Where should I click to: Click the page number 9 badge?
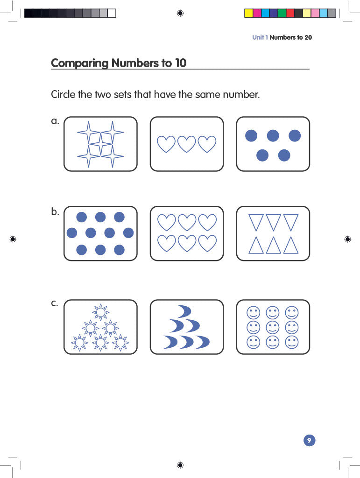[309, 440]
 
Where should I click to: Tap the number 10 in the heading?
[180, 63]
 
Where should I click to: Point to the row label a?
[55, 121]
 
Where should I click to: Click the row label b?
[55, 211]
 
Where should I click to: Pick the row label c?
[55, 303]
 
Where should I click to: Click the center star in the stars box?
[100, 144]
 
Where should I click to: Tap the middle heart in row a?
[187, 144]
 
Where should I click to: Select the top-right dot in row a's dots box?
[295, 136]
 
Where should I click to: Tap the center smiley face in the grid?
[273, 327]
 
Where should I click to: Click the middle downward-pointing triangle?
[273, 222]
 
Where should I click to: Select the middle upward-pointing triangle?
[273, 245]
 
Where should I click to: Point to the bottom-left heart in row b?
[166, 243]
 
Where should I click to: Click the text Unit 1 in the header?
[260, 37]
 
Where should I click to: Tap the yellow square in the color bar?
[249, 13]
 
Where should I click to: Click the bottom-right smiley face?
[292, 342]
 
